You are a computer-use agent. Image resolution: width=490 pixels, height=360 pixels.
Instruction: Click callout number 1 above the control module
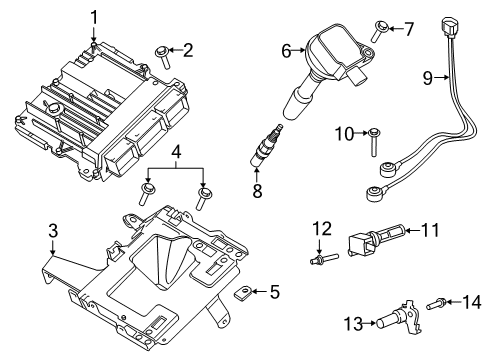click(x=95, y=17)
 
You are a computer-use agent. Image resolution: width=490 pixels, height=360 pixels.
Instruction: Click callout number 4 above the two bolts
click(x=176, y=153)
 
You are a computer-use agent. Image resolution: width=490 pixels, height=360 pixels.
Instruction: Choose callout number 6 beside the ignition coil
click(x=285, y=48)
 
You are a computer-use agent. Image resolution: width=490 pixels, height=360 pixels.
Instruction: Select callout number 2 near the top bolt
click(x=187, y=48)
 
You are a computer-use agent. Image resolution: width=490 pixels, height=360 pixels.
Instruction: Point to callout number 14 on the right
click(x=473, y=300)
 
